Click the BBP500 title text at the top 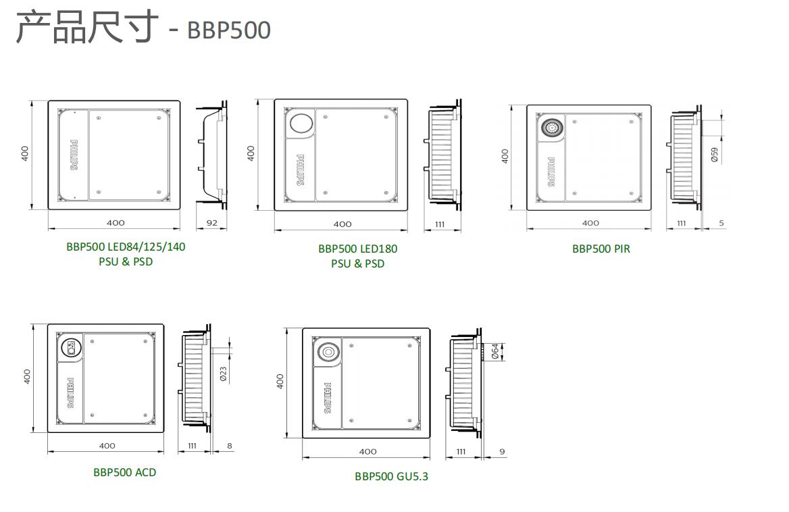pos(228,30)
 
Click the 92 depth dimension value pos(212,223)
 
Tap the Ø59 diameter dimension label pos(715,155)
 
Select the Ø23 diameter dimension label pos(223,374)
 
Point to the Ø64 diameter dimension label pos(494,351)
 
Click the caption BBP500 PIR pos(601,249)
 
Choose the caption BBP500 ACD pos(124,472)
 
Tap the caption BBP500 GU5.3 pos(391,476)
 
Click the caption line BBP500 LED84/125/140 pos(126,247)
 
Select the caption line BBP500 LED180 pos(357,249)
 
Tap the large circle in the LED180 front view pos(302,123)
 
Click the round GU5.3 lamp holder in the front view pos(328,353)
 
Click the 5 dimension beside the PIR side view pos(721,223)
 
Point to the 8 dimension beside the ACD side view pos(230,446)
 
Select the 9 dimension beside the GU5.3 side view pos(502,451)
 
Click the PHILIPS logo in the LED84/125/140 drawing pos(74,155)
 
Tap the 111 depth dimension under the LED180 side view pos(440,224)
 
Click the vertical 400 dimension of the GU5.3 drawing pos(280,382)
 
